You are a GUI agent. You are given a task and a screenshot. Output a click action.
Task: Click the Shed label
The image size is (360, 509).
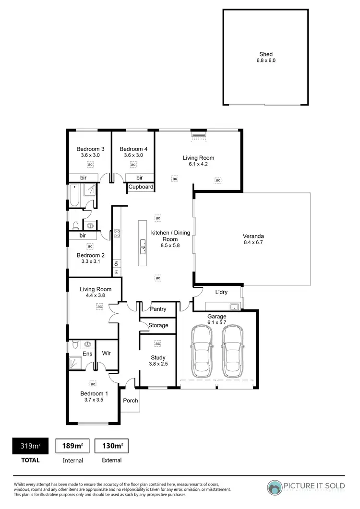(265, 54)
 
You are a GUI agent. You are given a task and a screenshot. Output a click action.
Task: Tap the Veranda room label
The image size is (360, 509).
(253, 236)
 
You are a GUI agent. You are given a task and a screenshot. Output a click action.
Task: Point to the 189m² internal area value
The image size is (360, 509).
(73, 446)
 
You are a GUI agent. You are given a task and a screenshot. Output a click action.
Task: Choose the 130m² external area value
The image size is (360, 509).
(112, 446)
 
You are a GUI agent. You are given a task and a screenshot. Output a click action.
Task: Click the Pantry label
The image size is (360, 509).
(158, 309)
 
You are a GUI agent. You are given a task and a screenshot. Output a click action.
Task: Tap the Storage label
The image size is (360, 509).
(158, 325)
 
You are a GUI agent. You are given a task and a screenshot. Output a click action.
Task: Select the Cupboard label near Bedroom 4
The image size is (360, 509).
(141, 187)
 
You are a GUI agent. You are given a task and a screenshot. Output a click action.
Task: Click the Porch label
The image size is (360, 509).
(131, 401)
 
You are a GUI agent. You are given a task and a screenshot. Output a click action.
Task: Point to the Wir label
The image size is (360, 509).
(107, 354)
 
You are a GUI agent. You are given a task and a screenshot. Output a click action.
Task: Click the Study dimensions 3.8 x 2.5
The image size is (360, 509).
(158, 364)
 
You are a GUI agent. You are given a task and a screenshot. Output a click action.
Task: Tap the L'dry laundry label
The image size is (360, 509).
(221, 292)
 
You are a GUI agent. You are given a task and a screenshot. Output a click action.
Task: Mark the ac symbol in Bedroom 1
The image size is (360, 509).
(93, 384)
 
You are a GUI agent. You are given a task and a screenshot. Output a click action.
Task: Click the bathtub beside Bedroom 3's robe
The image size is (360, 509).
(74, 196)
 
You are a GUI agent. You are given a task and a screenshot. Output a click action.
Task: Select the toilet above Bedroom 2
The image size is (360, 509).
(75, 226)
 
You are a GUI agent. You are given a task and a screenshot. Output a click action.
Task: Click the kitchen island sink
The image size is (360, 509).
(143, 248)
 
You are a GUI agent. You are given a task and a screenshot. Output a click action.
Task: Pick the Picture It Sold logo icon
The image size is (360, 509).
(276, 486)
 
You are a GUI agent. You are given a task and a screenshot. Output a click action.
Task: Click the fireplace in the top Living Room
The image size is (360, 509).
(198, 135)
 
